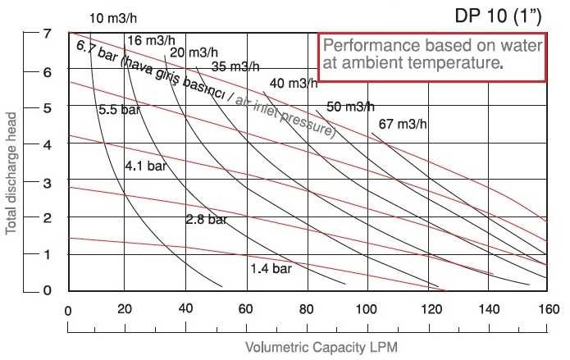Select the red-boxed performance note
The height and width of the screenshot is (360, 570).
point(431,55)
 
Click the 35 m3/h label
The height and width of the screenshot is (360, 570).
point(235,66)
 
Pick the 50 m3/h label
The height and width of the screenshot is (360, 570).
point(350,106)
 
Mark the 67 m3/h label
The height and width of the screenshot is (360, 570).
point(404,125)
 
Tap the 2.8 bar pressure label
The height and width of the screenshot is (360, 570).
point(205,220)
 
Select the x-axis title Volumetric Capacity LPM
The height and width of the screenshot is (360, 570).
point(307,347)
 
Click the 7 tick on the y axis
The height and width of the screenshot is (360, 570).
point(48,34)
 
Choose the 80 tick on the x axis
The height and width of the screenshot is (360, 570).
point(308,310)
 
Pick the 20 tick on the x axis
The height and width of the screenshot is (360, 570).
point(125,310)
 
